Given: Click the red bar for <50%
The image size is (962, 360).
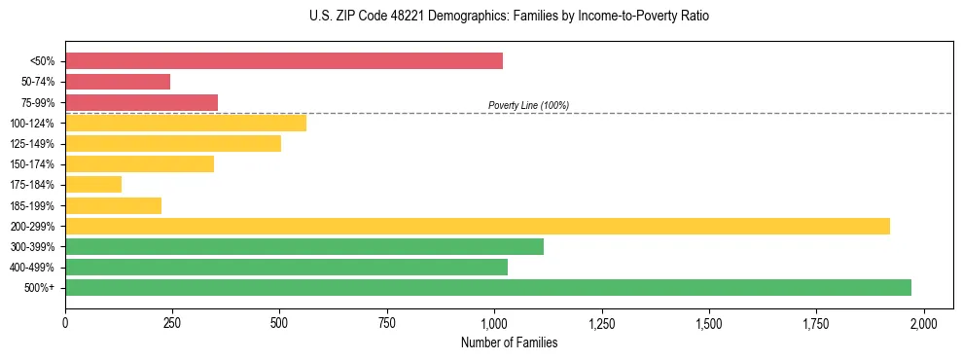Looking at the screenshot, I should tap(284, 61).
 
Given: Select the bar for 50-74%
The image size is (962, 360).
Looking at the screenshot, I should tap(118, 82).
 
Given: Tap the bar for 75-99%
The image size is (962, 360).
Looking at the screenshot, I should tap(142, 102).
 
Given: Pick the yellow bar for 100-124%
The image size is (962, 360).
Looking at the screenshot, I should tap(186, 123).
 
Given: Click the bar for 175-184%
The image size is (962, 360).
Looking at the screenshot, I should tap(93, 185).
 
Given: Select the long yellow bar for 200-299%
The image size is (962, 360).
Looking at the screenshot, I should tap(478, 226).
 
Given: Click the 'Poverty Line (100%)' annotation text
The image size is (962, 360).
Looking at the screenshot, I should tap(528, 105).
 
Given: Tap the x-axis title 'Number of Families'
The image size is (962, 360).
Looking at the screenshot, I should tap(510, 342).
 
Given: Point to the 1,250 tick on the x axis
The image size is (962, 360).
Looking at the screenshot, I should tap(602, 322).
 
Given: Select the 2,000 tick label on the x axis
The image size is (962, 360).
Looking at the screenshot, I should tap(924, 322).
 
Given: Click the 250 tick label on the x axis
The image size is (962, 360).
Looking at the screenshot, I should tap(172, 322).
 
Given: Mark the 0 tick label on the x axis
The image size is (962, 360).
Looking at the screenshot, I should tap(65, 322).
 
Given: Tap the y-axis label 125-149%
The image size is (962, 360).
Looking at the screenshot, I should tap(32, 144).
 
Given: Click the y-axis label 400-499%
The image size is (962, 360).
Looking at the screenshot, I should tap(32, 268).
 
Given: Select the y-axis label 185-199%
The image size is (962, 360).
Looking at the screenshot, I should tap(32, 206).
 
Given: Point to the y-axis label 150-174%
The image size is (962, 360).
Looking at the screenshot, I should tap(32, 164).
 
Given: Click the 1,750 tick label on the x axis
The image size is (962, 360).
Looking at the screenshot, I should tap(817, 322).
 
